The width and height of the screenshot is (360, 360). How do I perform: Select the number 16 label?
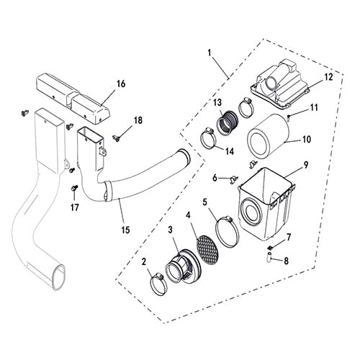pos(120,84)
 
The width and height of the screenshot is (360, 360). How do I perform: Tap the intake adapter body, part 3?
pos(180,268)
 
